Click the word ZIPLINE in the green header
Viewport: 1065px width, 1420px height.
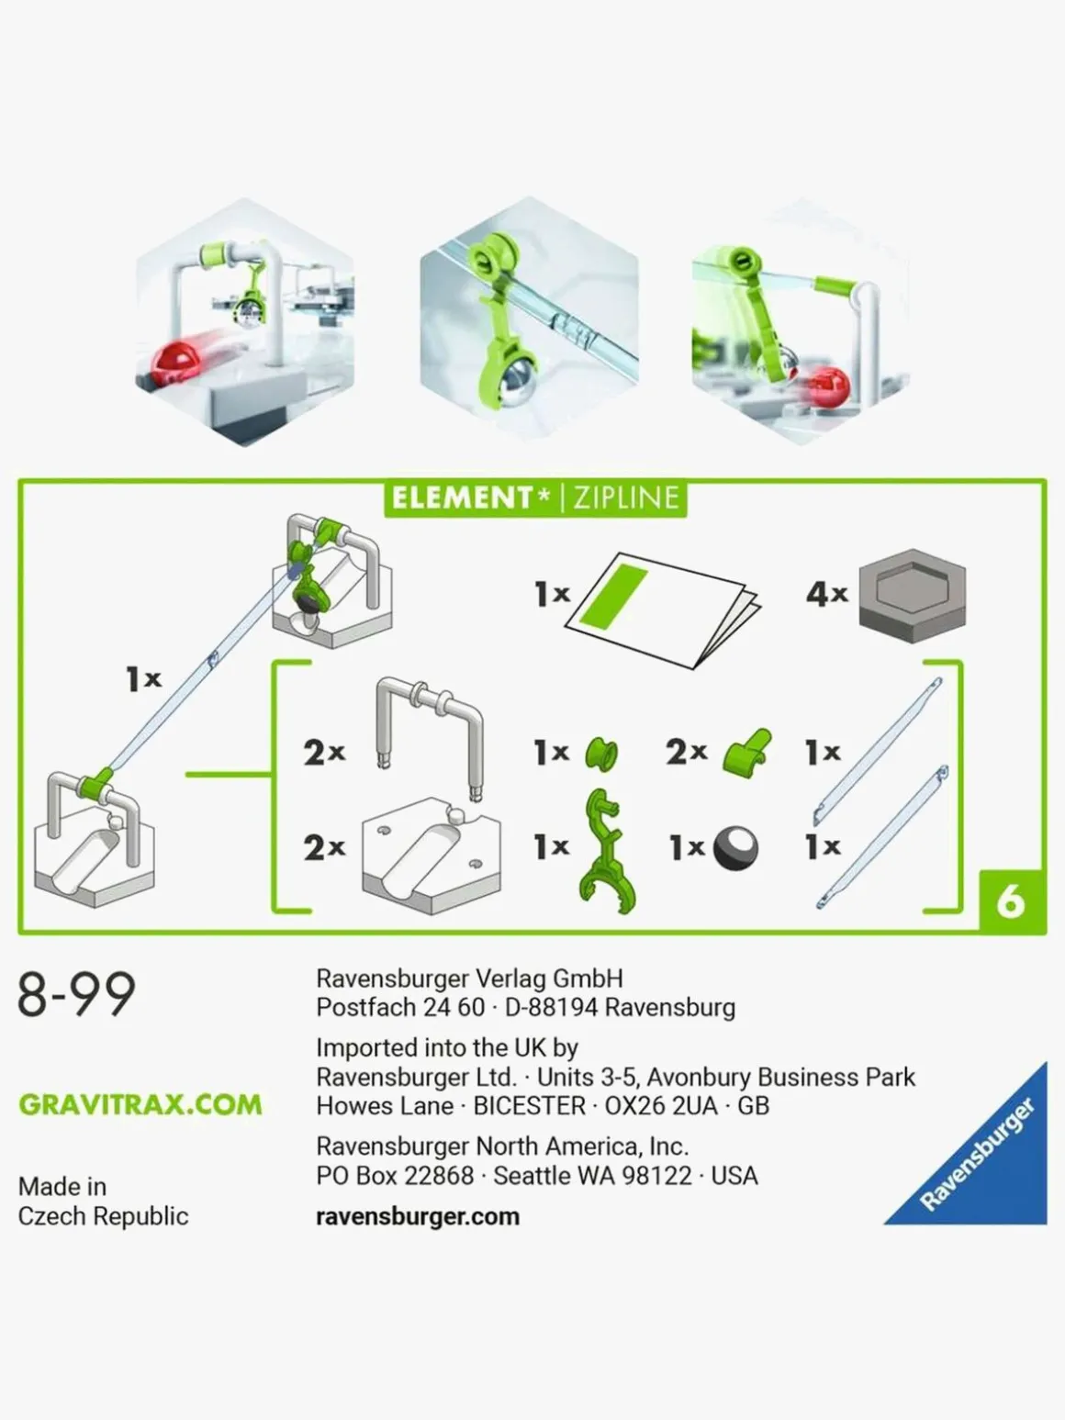click(x=625, y=498)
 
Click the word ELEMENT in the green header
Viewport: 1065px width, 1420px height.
click(x=462, y=498)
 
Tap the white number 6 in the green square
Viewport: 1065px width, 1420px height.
click(x=1011, y=901)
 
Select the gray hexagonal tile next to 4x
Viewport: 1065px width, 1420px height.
click(x=913, y=595)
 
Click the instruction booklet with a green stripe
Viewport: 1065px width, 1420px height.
click(x=663, y=610)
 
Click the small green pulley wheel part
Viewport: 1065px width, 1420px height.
click(x=601, y=754)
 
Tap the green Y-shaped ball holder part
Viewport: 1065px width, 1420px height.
click(x=608, y=851)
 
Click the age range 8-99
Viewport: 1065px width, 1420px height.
click(x=76, y=994)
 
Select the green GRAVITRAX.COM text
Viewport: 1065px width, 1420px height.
click(x=140, y=1104)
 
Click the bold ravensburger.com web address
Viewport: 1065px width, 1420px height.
click(x=418, y=1216)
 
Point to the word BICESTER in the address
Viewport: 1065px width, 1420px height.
click(x=529, y=1105)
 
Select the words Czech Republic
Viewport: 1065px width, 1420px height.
click(x=104, y=1215)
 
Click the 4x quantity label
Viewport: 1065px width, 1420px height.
click(x=827, y=593)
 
